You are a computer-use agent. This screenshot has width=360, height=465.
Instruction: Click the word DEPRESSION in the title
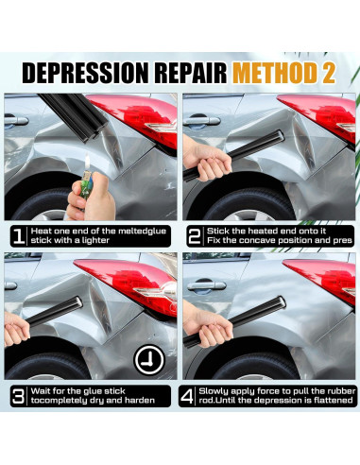click(85, 73)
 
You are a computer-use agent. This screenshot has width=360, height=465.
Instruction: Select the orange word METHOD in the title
click(275, 73)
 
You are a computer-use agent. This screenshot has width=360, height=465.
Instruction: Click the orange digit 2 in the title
click(329, 73)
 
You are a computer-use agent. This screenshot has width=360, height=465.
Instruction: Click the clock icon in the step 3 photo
click(149, 360)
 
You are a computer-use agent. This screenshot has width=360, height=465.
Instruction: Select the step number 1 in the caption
click(19, 235)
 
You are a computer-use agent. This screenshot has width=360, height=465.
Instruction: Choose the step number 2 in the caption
click(195, 235)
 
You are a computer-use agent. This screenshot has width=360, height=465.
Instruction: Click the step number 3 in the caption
click(18, 396)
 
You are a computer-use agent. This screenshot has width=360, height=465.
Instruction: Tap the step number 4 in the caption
click(187, 396)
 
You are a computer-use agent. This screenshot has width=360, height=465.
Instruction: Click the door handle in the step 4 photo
click(207, 285)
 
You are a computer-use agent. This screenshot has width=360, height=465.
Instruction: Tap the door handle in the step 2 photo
click(202, 121)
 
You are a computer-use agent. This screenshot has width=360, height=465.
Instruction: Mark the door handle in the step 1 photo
click(16, 120)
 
